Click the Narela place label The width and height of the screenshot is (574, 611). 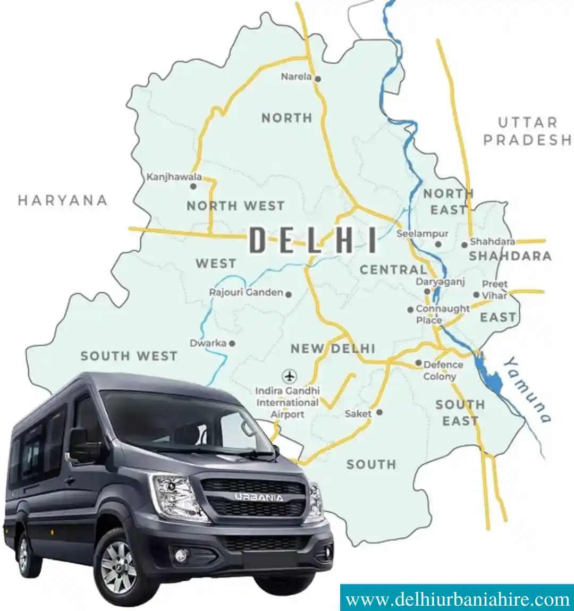(x=296, y=77)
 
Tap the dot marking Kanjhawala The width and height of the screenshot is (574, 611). (x=193, y=186)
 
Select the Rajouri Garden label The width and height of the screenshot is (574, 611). (x=246, y=293)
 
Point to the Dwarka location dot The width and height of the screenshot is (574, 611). (x=232, y=343)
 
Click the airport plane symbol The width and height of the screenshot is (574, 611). (x=290, y=377)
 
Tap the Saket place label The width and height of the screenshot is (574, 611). (x=358, y=413)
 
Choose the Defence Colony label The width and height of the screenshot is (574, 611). (x=442, y=370)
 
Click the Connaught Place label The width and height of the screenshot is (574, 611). (x=442, y=314)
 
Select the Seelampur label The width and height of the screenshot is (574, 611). (x=422, y=234)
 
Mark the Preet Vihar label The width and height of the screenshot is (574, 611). (x=494, y=290)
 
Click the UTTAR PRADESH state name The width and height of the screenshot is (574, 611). (x=527, y=131)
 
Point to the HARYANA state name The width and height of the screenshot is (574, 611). (x=63, y=200)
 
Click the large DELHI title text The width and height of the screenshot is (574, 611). (x=313, y=240)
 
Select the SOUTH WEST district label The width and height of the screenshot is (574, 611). (x=129, y=356)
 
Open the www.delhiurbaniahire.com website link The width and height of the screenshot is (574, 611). (x=457, y=600)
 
